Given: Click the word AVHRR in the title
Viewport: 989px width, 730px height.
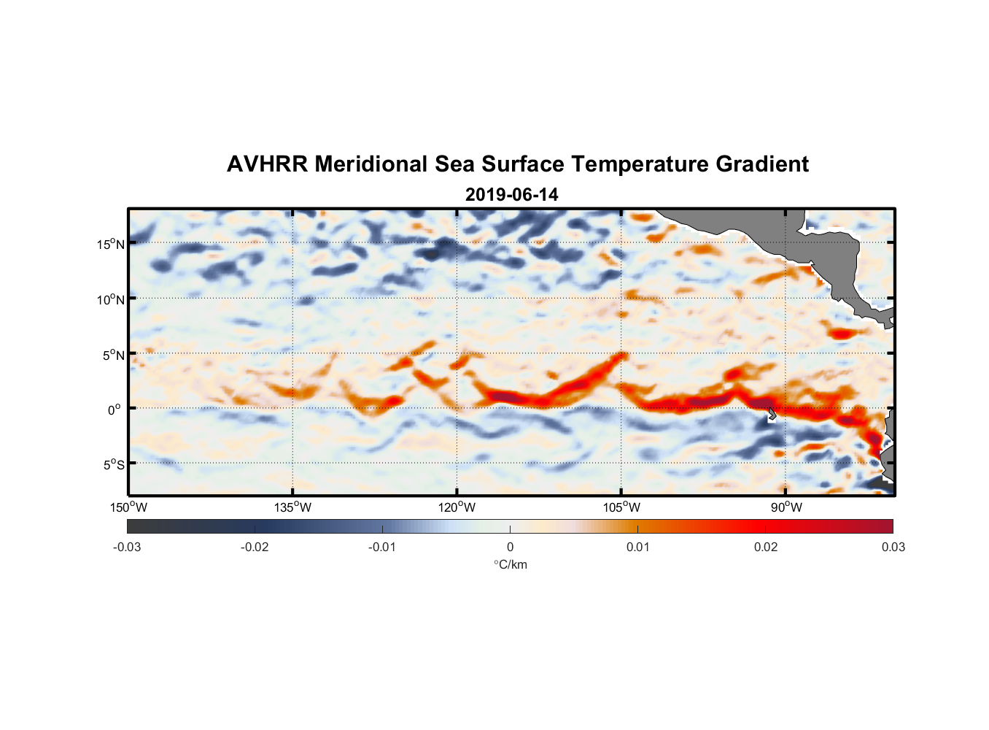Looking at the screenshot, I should click(x=267, y=164).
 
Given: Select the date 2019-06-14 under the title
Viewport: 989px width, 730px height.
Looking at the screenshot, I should click(x=511, y=195).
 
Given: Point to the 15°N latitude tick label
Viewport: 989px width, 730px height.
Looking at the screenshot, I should click(x=111, y=244).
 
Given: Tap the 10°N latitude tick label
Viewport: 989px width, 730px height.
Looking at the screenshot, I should click(x=111, y=299).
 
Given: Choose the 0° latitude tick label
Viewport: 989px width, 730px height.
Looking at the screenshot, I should click(x=115, y=410).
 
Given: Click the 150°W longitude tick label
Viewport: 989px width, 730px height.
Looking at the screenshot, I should click(x=128, y=507).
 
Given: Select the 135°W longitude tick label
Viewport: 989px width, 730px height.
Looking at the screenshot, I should click(x=292, y=507).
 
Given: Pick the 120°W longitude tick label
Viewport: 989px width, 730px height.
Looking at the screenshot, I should click(x=457, y=507).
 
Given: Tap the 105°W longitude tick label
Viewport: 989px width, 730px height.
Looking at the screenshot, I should click(x=621, y=507).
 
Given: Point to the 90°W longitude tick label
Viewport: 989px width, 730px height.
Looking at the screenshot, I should click(x=786, y=507).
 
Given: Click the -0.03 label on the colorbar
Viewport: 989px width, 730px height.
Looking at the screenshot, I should click(x=127, y=547).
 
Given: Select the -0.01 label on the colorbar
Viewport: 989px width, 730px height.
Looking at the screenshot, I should click(x=381, y=547).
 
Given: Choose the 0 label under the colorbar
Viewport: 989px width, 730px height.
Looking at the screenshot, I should click(x=510, y=547).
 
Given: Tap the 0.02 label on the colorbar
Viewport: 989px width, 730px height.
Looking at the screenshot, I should click(x=766, y=547).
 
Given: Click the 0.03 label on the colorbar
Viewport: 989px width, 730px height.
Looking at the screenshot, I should click(x=893, y=547).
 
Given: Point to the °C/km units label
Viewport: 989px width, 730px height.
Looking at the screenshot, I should click(x=510, y=564).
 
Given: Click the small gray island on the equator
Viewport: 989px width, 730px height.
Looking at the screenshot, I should click(x=772, y=414).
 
